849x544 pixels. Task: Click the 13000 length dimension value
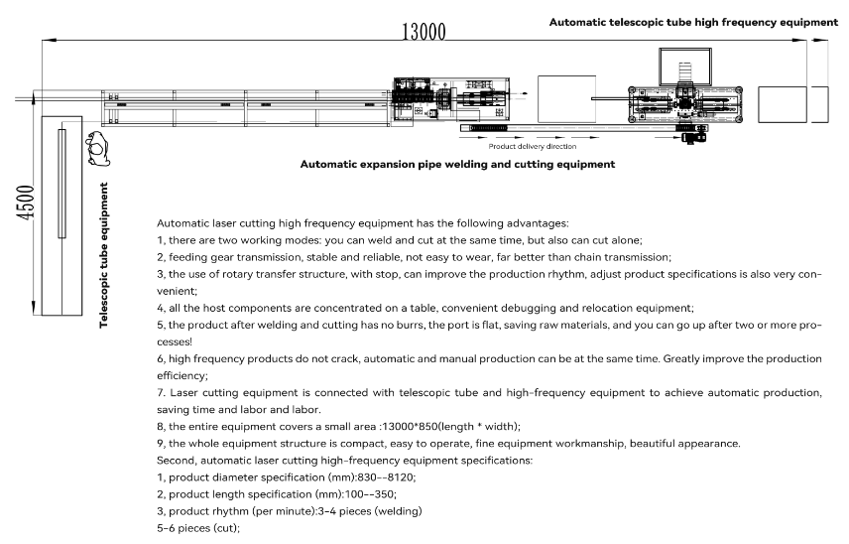[x=423, y=31]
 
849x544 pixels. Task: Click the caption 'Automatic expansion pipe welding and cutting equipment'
[x=457, y=163]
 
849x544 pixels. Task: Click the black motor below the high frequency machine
[x=686, y=137]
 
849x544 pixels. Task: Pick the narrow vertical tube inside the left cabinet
[x=61, y=184]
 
